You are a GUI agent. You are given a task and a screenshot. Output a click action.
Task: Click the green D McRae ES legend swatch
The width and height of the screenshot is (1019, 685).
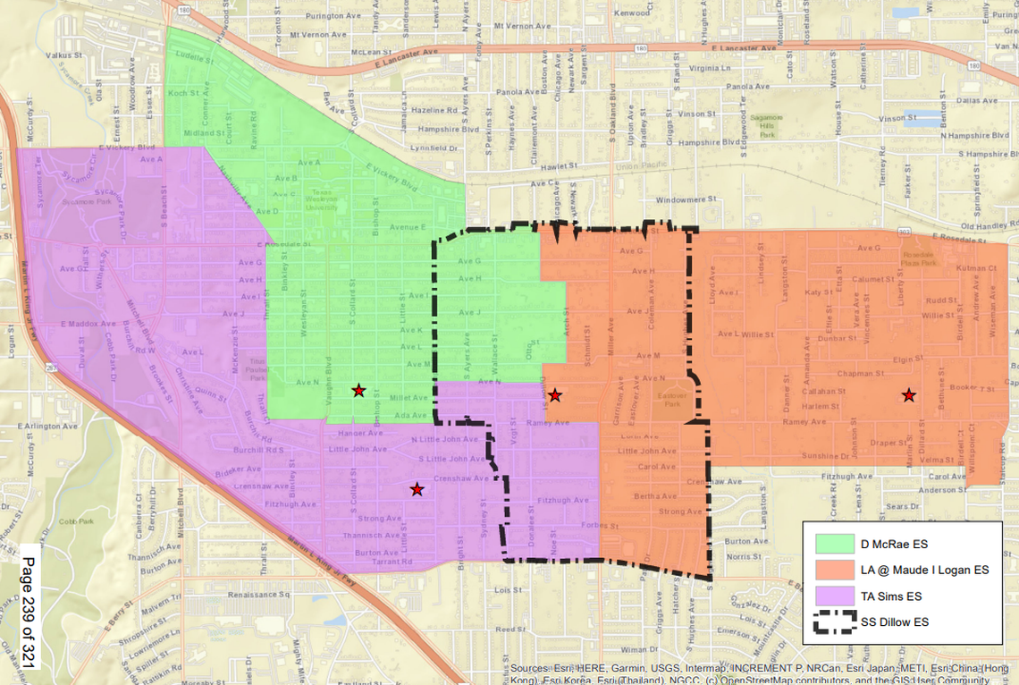[836, 544]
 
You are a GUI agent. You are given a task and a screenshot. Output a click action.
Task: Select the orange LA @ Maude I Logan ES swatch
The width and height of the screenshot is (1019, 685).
[836, 570]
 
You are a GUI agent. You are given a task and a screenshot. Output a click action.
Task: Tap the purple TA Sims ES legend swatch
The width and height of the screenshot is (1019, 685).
[836, 596]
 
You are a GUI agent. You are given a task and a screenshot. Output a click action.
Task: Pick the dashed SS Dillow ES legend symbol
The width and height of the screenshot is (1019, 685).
[836, 622]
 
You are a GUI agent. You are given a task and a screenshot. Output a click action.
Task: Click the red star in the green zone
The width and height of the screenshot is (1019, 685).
[358, 391]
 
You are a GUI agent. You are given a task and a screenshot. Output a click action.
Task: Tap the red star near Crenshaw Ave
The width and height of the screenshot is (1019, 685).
[417, 489]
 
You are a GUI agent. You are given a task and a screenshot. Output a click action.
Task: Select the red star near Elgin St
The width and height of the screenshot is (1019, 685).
[908, 395]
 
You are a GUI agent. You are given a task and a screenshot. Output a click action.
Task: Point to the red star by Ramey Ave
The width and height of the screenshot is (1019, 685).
[554, 395]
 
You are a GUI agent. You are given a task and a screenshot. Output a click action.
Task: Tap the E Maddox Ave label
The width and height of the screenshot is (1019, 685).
[88, 324]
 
